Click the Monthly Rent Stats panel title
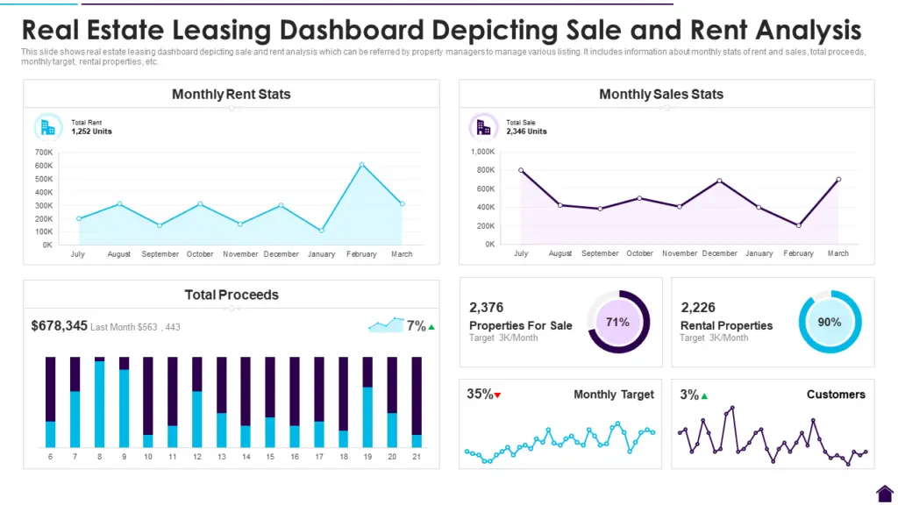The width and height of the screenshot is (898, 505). coord(232,94)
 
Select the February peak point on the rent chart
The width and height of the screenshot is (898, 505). coord(361,165)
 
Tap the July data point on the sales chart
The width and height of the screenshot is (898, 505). coord(521,170)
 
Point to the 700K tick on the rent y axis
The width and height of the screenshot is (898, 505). coord(43,152)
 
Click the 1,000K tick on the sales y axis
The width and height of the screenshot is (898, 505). coord(483,152)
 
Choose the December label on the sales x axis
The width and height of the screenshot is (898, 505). coord(719,253)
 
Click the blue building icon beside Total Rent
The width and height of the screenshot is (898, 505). coord(47,127)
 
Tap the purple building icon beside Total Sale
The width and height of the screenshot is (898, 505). coord(483,127)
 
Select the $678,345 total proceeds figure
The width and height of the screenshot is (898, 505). coord(59,326)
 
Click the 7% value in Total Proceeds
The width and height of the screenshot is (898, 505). coord(416,326)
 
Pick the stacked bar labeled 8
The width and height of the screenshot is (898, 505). coord(99,402)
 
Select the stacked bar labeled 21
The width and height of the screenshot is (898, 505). coord(417,402)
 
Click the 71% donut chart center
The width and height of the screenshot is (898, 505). coord(618,322)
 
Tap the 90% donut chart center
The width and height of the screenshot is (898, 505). coord(830,322)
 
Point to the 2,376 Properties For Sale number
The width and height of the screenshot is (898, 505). coord(486,308)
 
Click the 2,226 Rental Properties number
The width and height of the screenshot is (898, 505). coord(698,308)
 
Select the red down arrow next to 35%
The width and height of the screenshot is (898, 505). coord(498,395)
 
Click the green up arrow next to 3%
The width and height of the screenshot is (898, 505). coord(704,395)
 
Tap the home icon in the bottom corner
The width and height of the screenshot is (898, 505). coord(884,493)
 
